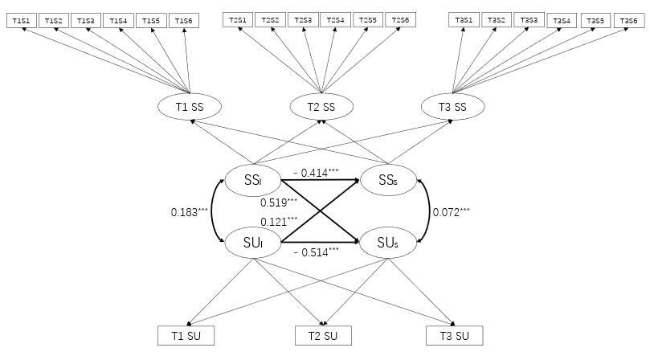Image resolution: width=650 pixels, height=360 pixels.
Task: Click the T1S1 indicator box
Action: point(21,20)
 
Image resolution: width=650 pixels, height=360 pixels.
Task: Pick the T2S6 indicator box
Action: point(401,20)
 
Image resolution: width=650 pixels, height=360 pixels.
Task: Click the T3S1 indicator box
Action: point(464,20)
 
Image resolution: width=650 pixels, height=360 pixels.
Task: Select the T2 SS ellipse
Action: point(321,106)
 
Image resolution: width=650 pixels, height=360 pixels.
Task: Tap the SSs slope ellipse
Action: point(388,179)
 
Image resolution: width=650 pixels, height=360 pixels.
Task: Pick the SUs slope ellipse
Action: point(388,242)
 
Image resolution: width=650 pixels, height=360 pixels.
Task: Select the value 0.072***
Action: point(451,212)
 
